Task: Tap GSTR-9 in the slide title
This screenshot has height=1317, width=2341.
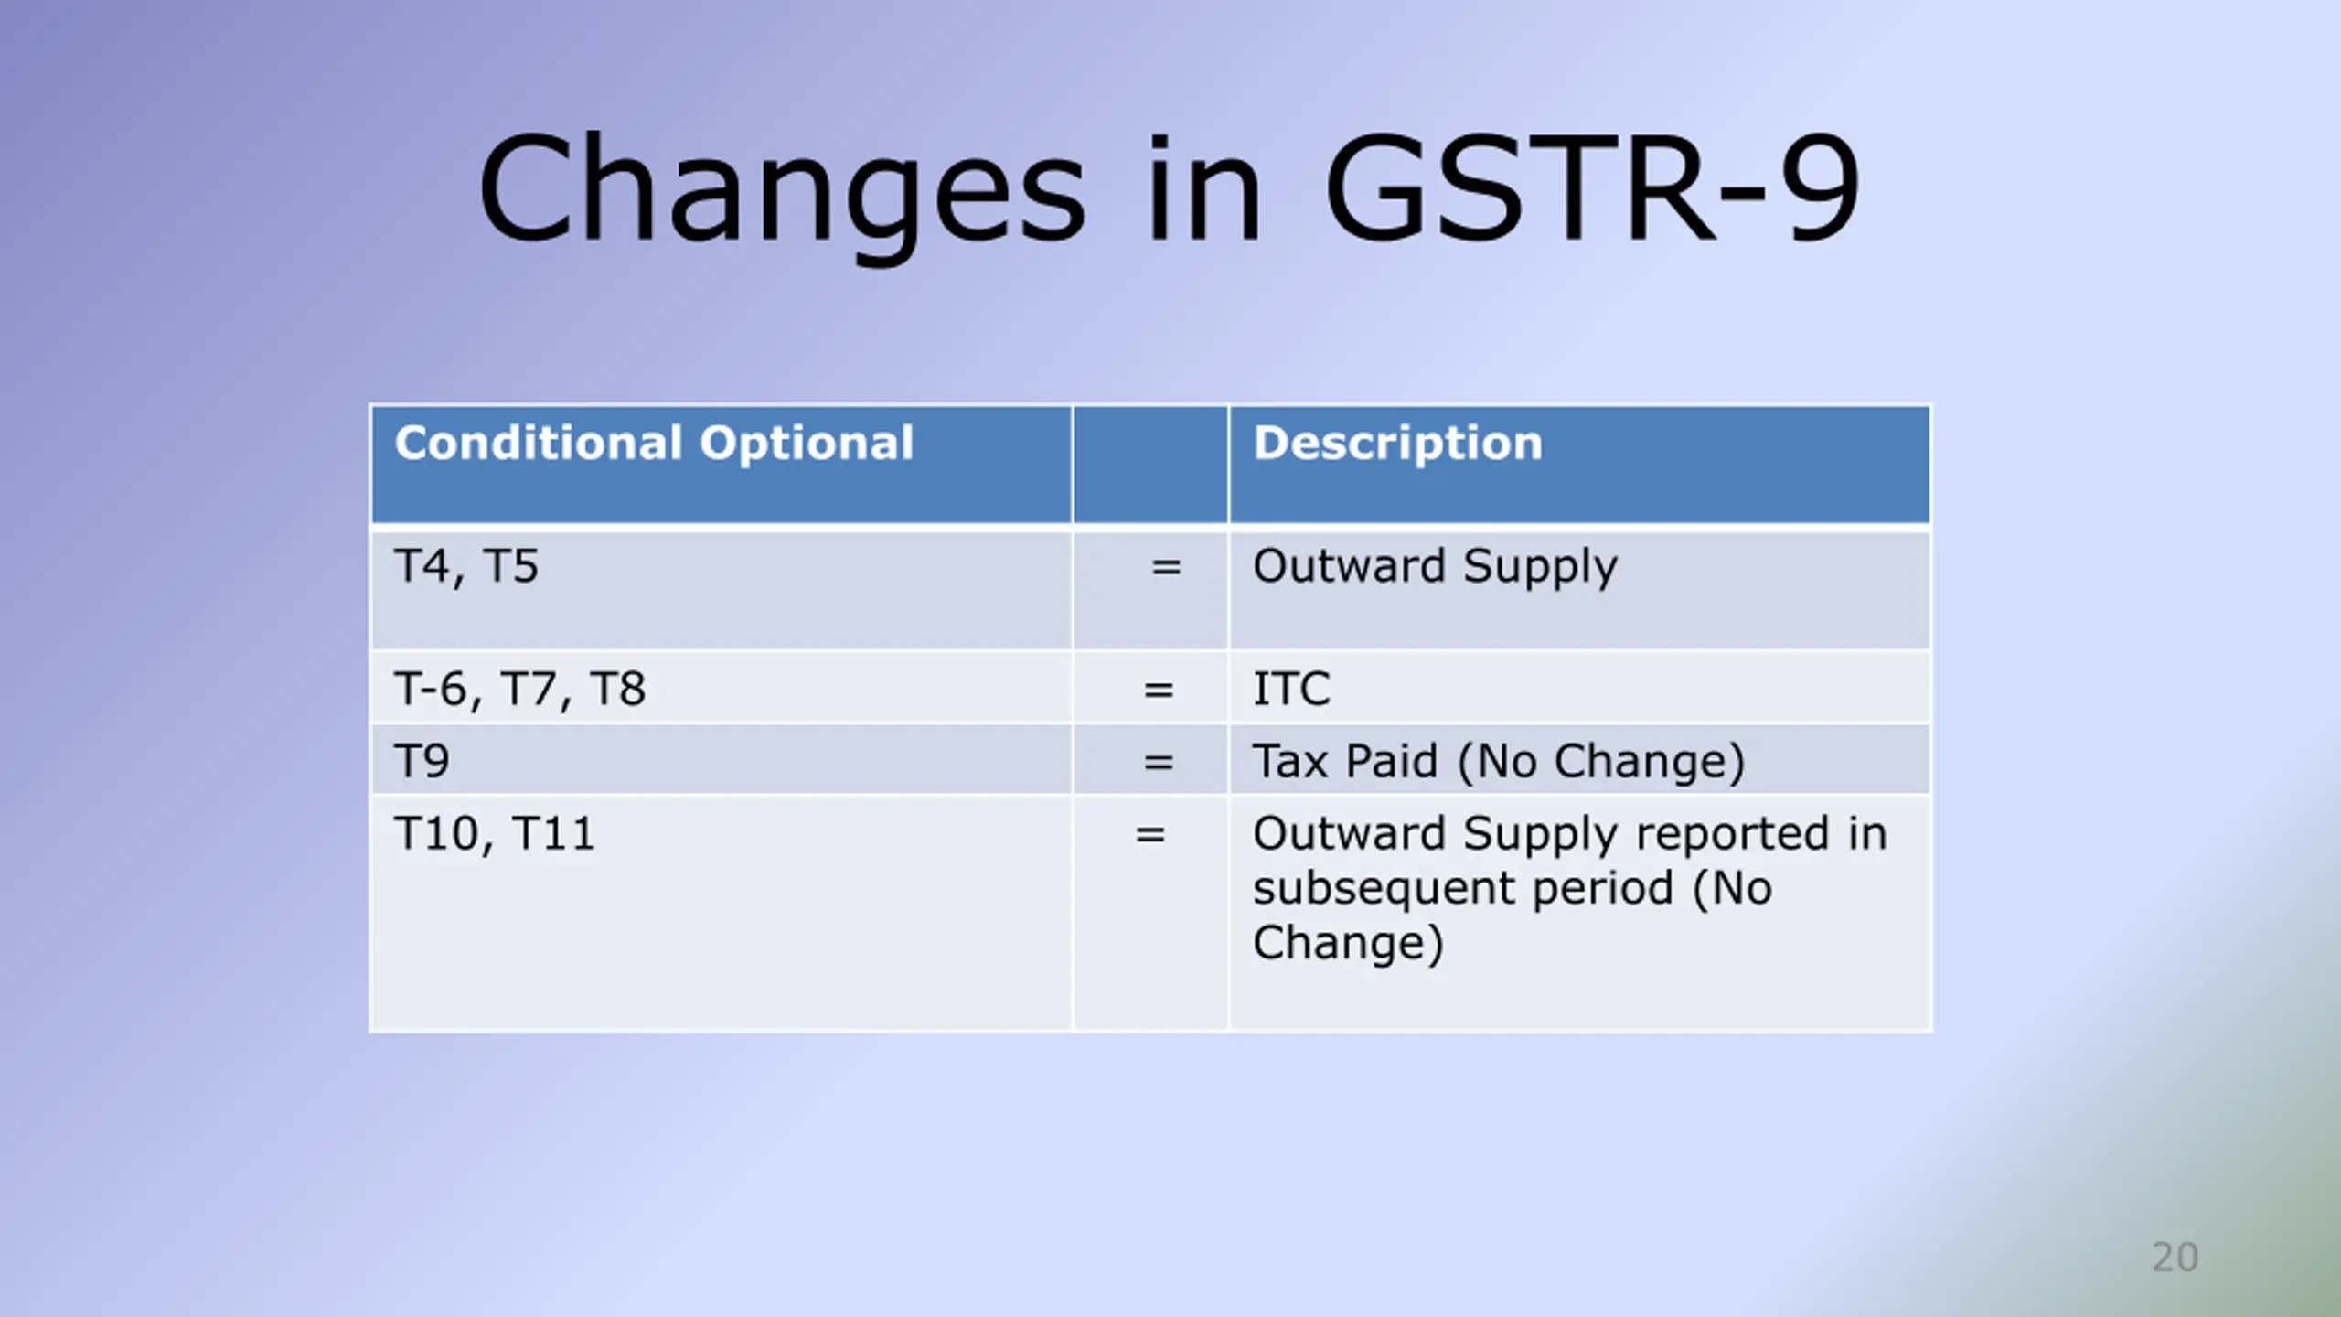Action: coord(1592,188)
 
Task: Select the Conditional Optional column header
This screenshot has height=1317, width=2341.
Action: coord(654,443)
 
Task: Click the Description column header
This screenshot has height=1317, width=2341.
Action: coord(1397,443)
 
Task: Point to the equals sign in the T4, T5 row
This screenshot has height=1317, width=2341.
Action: coord(1166,567)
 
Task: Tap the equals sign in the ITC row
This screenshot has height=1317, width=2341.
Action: coord(1159,690)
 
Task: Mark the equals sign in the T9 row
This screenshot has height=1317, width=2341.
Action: coord(1159,762)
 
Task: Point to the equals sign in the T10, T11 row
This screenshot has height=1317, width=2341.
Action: coord(1150,834)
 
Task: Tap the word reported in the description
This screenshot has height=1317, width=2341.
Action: coord(1732,834)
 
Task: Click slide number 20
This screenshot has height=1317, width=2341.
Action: coord(2175,1258)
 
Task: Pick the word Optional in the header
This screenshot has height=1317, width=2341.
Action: coord(807,444)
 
